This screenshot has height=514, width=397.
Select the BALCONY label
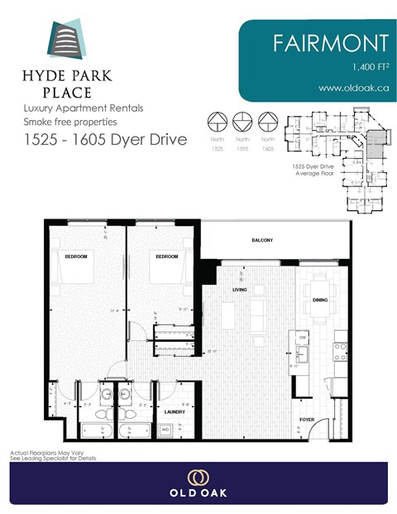click(263, 241)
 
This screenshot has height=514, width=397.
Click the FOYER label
click(307, 420)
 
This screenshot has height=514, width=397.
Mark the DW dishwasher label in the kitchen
click(303, 338)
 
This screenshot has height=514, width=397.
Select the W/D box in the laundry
click(165, 430)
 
